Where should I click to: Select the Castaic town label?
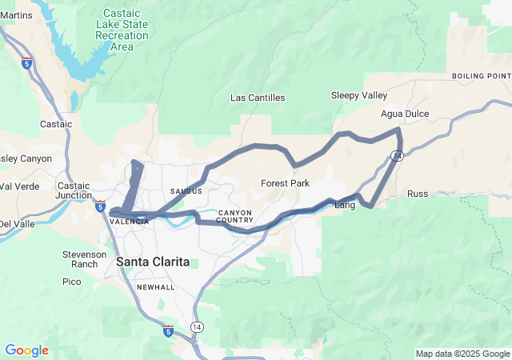[56, 124]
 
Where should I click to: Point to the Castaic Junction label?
[74, 190]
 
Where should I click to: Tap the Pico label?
[72, 282]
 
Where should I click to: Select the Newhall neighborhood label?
[155, 286]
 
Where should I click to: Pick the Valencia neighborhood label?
[129, 222]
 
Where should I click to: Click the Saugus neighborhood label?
[186, 190]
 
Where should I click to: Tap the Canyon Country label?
[235, 216]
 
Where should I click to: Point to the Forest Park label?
[285, 183]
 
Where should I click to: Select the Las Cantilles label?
[258, 98]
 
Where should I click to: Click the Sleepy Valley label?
[359, 95]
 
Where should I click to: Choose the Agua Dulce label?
[405, 114]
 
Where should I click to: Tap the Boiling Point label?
[481, 76]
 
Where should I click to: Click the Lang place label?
[344, 206]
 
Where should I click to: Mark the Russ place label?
[418, 194]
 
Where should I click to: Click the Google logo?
[26, 350]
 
